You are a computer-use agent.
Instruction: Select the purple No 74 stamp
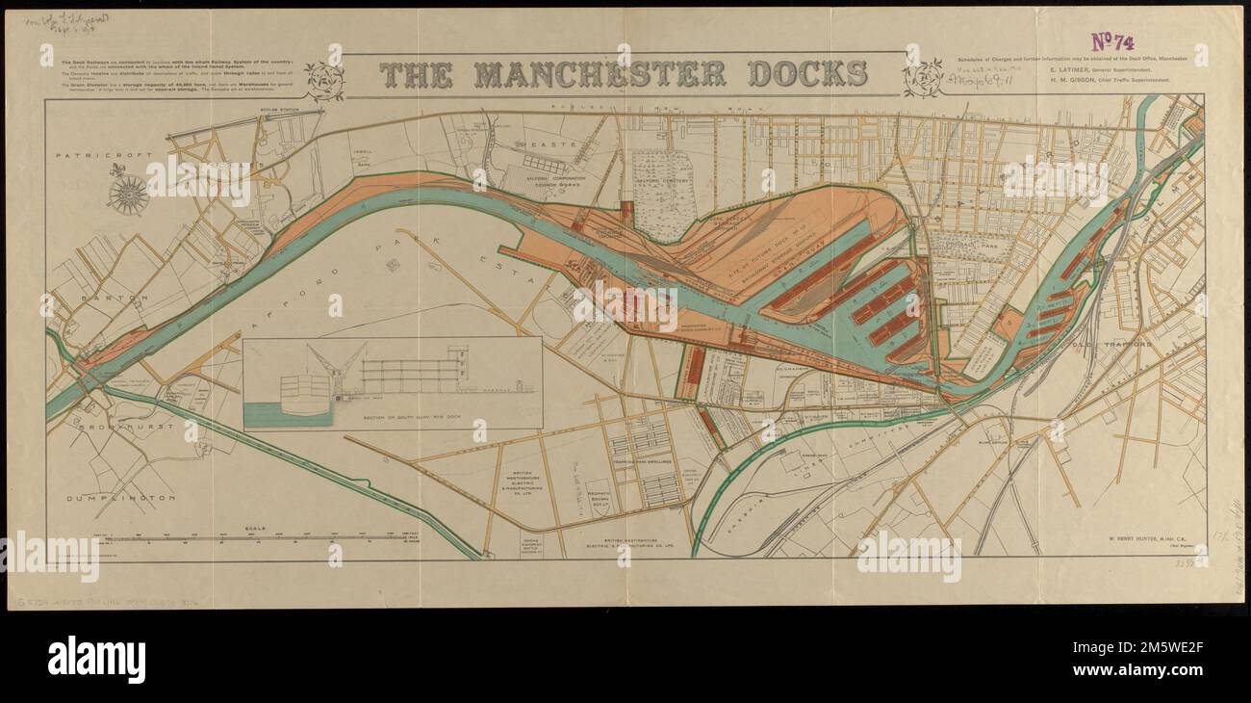tap(1113, 41)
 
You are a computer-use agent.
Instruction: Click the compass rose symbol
tap(126, 194)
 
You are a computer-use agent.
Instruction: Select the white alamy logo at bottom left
tap(96, 660)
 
